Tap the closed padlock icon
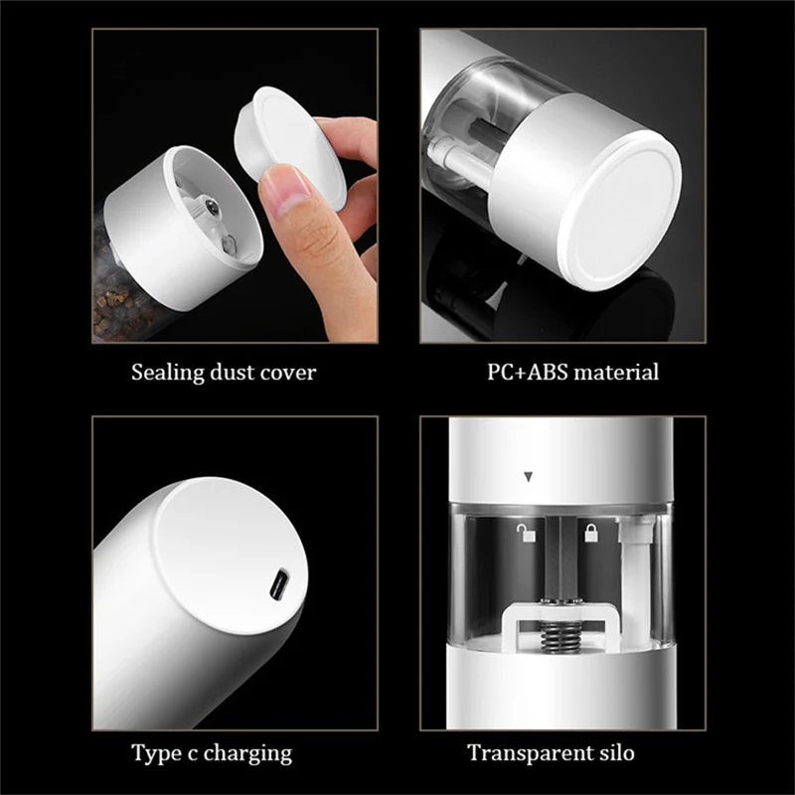click(x=590, y=535)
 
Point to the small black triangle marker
click(x=529, y=478)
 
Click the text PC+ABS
click(x=524, y=374)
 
